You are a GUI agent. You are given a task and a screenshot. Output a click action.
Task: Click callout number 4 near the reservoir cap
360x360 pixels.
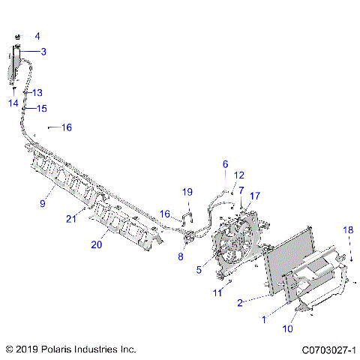pyautogui.click(x=37, y=35)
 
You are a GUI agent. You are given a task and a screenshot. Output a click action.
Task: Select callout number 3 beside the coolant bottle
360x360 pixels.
pyautogui.click(x=43, y=52)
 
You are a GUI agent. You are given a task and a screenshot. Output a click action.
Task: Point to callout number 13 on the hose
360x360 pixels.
pyautogui.click(x=37, y=92)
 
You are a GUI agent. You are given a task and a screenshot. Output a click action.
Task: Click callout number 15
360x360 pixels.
pyautogui.click(x=41, y=108)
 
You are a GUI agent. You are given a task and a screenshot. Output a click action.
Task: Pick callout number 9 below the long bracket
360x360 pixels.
pyautogui.click(x=43, y=203)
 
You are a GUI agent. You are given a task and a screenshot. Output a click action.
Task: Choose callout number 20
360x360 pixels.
pyautogui.click(x=97, y=244)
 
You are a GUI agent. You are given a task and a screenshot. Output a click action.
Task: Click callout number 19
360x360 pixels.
pyautogui.click(x=187, y=192)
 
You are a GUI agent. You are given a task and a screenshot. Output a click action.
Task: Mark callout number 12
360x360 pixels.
pyautogui.click(x=239, y=175)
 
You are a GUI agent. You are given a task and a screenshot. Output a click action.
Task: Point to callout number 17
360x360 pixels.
pyautogui.click(x=255, y=196)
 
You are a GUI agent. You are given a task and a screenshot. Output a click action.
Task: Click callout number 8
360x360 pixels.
pyautogui.click(x=181, y=256)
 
